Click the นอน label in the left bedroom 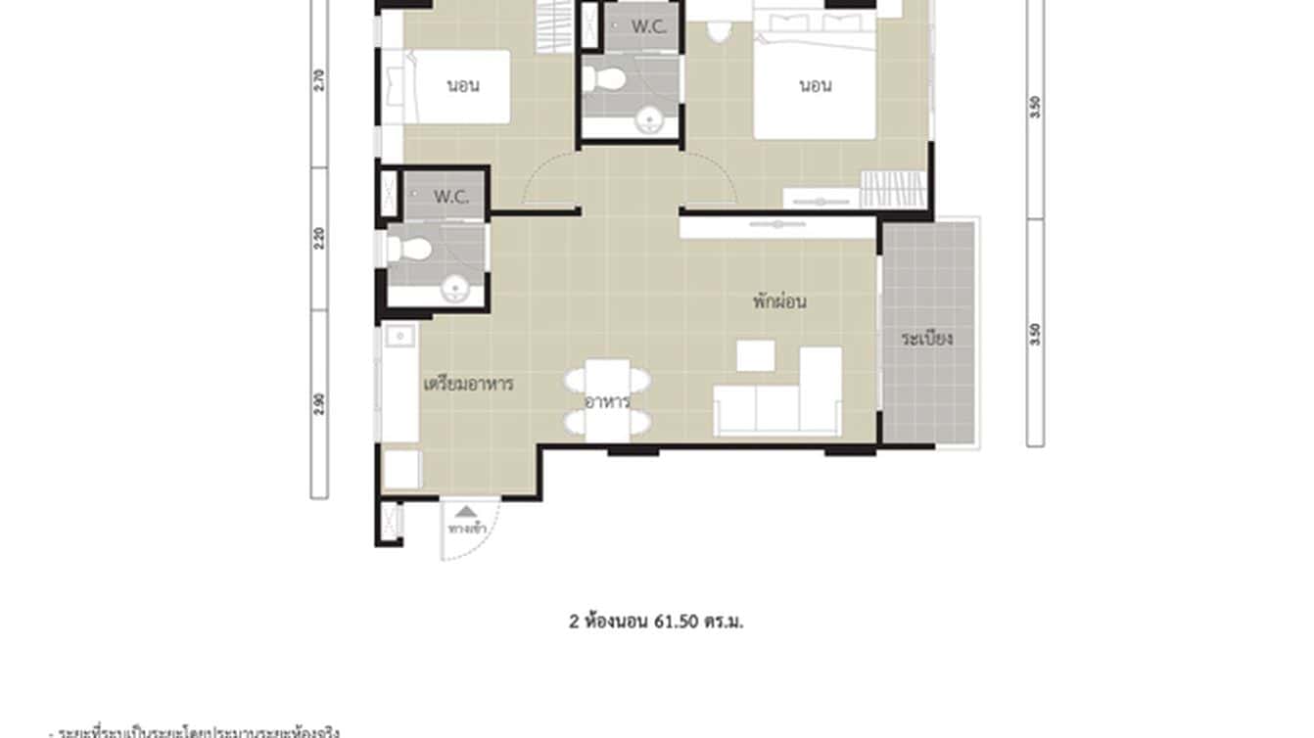[462, 86]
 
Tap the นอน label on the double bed [815, 86]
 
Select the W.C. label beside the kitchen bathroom [451, 197]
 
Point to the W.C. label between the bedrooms [648, 27]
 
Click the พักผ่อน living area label [779, 302]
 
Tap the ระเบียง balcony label [927, 339]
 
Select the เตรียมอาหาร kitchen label [468, 383]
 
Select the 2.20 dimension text [319, 239]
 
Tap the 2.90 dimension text [319, 403]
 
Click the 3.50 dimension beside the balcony [1035, 334]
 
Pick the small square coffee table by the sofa [755, 355]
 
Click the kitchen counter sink [399, 337]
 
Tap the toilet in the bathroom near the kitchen [409, 249]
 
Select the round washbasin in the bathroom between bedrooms [648, 121]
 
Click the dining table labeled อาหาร [607, 400]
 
